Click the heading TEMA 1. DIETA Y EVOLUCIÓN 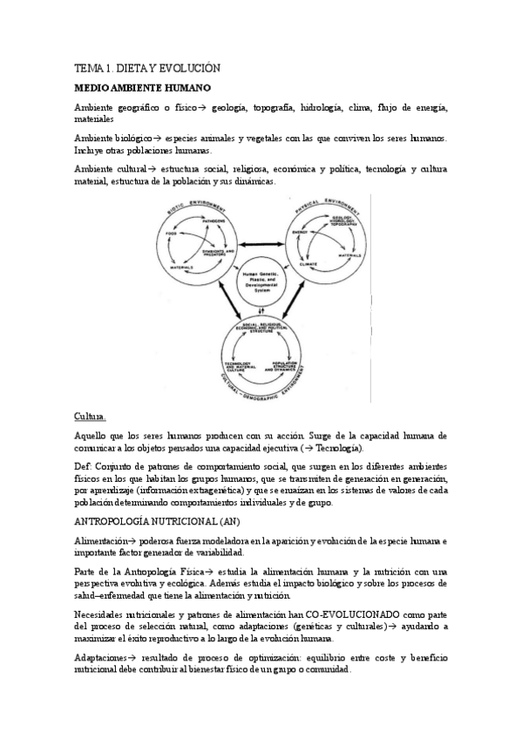click(x=147, y=67)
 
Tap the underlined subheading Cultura click(x=91, y=417)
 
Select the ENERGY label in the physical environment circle click(x=301, y=233)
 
